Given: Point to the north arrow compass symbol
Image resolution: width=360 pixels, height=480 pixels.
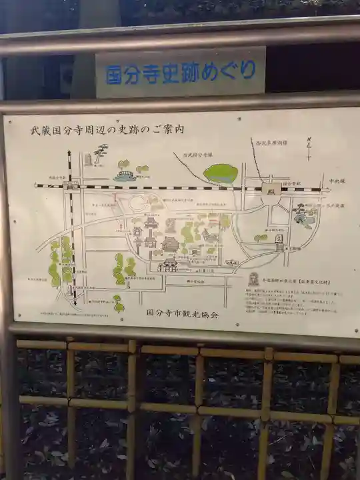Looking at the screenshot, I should (309, 148).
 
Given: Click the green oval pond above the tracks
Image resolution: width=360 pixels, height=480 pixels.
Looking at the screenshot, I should (221, 173).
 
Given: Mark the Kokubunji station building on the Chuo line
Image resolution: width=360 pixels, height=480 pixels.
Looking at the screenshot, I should (271, 189).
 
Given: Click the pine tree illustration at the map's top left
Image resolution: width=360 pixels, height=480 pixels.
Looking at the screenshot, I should (100, 154).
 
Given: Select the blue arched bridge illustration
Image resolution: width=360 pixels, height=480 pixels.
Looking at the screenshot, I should (125, 176).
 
